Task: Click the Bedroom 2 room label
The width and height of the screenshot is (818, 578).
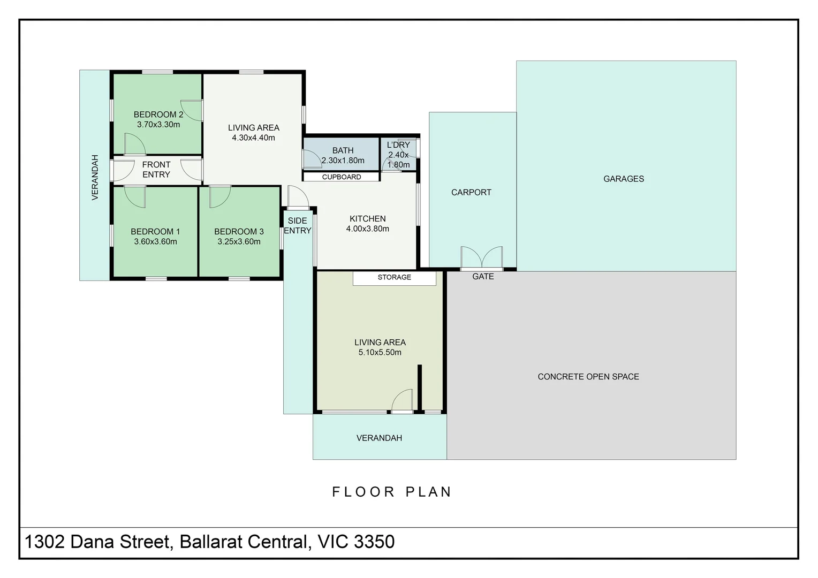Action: pos(158,115)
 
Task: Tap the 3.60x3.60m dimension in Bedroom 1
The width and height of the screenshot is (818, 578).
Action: pos(156,241)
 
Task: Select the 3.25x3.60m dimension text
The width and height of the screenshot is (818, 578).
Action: pos(239,241)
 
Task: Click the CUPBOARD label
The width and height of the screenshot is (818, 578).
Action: pos(342,177)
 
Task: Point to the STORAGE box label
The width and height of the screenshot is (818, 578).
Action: pos(395,277)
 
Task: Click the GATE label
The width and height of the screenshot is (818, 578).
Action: pos(483,276)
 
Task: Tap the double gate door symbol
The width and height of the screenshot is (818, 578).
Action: pos(482,257)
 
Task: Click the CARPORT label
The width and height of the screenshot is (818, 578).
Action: pos(471,193)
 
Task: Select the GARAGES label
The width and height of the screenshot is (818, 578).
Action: pos(623,179)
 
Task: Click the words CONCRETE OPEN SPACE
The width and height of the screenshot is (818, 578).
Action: pos(588,377)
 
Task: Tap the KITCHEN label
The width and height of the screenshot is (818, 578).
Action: pos(367,219)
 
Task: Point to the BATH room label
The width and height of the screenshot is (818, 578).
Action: pos(343,150)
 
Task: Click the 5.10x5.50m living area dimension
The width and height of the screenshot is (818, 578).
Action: pos(380,352)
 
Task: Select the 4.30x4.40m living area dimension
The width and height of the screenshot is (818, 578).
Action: pos(253,138)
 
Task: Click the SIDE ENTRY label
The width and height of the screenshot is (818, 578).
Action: pos(298,226)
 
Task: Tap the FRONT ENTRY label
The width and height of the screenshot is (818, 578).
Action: pos(156,170)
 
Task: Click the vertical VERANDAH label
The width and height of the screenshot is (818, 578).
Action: pos(95,178)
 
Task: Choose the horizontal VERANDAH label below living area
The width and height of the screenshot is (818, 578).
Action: pos(379,438)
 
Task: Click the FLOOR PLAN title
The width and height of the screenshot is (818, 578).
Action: pos(392,492)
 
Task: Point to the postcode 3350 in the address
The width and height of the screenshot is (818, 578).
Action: pos(374,542)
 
